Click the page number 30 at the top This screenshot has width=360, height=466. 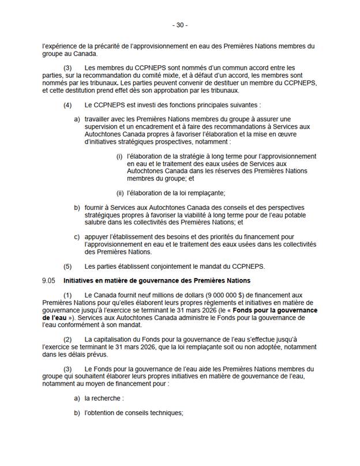click(x=180, y=25)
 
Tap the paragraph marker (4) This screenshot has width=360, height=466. click(x=67, y=106)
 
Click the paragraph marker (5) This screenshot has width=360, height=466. click(x=67, y=266)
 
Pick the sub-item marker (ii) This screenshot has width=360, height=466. click(x=121, y=193)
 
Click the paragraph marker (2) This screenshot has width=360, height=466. click(x=67, y=340)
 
